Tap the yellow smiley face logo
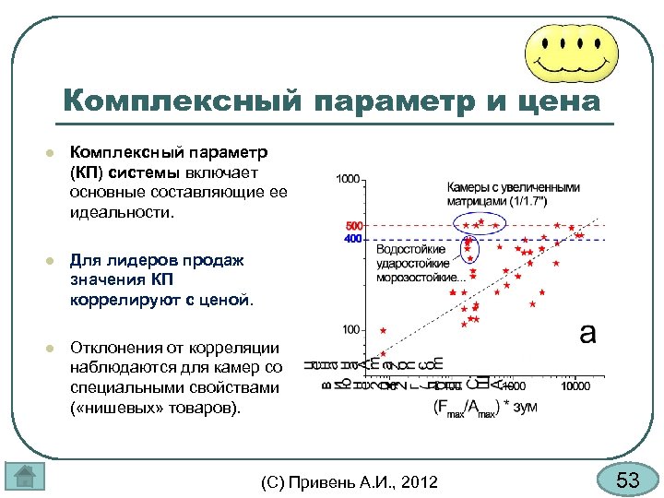[x=571, y=51]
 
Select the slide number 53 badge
[x=627, y=480]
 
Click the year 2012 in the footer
[x=419, y=481]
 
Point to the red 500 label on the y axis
[x=353, y=226]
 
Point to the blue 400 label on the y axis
[x=353, y=239]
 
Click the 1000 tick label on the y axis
[x=348, y=179]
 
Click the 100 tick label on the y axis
[x=350, y=329]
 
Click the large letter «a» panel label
[x=587, y=333]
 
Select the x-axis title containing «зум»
[x=484, y=406]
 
